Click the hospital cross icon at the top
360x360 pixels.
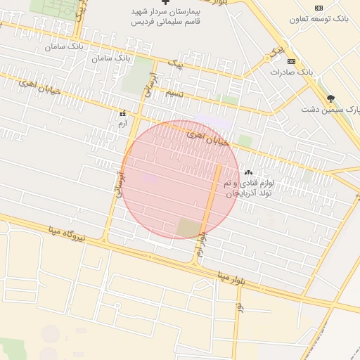165,3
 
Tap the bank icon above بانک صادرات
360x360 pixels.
292,61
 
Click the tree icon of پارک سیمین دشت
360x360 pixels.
330,98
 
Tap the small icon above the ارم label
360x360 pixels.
123,113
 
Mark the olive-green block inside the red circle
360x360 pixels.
188,228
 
